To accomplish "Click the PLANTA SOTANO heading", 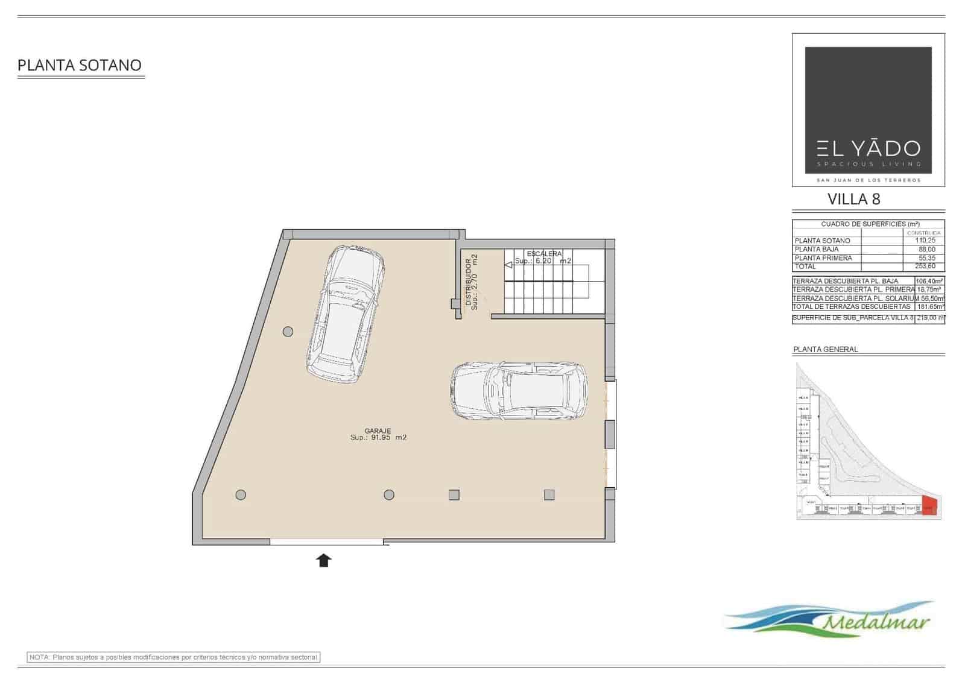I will [80, 65].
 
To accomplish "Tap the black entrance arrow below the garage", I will [324, 561].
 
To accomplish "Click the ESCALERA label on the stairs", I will [544, 254].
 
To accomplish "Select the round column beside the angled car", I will [288, 332].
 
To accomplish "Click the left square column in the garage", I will [454, 495].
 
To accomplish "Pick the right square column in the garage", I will [549, 495].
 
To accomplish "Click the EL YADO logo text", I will [868, 148].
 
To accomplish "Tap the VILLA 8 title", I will [854, 199].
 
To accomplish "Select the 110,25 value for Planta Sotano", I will [925, 241].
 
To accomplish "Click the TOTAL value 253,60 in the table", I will [925, 266].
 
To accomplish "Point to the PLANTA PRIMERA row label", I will [823, 258].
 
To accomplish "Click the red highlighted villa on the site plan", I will [929, 506].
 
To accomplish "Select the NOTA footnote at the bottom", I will [174, 657].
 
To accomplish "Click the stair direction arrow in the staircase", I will [508, 263].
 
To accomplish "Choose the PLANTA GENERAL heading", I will [825, 350].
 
